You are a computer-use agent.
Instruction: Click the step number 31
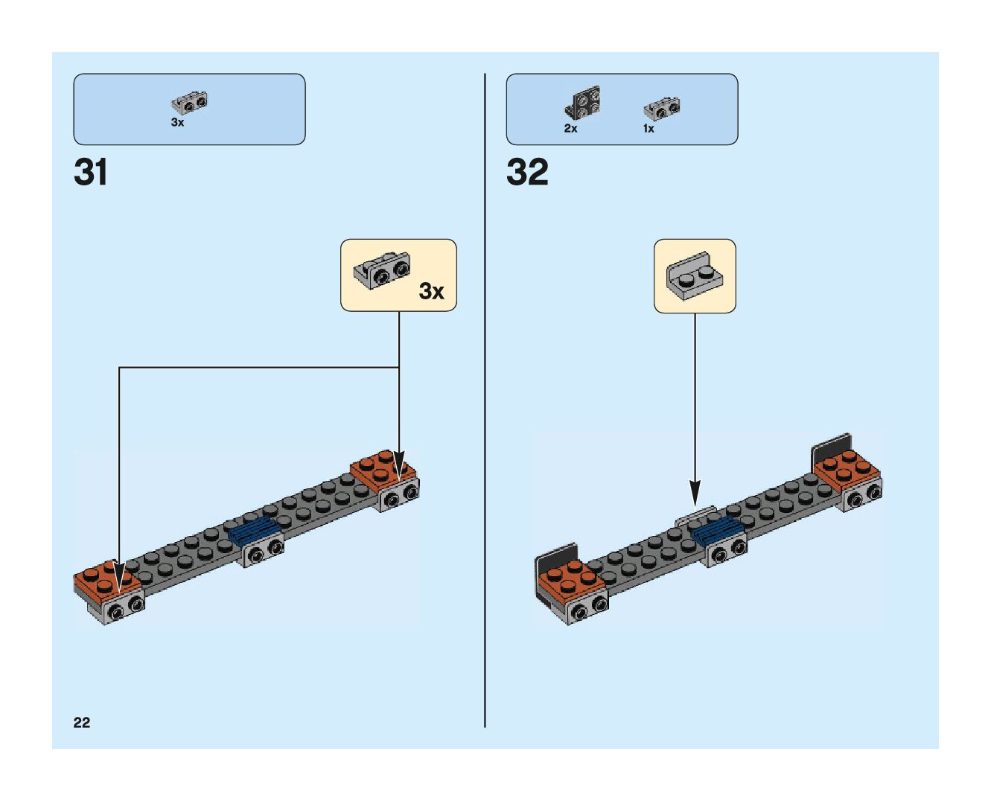pos(91,173)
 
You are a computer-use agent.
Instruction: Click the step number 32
pos(527,173)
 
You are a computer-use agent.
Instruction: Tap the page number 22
pos(81,722)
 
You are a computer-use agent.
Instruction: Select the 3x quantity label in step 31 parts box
pos(177,123)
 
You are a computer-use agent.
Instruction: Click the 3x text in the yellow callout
pos(431,291)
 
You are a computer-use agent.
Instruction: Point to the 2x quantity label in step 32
pos(570,128)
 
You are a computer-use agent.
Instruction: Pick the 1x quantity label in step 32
pos(649,128)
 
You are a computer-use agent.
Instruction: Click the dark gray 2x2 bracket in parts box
pos(583,103)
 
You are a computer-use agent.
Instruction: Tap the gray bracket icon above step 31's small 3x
pos(189,102)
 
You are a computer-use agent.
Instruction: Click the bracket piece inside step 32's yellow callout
pos(694,275)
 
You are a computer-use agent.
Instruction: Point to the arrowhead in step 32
pos(695,492)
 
